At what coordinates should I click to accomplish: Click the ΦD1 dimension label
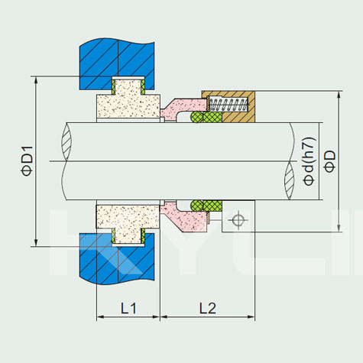pyautogui.click(x=28, y=160)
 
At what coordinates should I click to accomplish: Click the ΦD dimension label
pyautogui.click(x=330, y=161)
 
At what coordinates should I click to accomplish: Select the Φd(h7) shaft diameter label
pyautogui.click(x=310, y=161)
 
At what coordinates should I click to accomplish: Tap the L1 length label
pyautogui.click(x=128, y=308)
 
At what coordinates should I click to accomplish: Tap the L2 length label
pyautogui.click(x=208, y=308)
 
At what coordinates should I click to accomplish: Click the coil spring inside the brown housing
pyautogui.click(x=228, y=104)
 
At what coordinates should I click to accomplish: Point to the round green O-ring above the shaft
pyautogui.click(x=197, y=117)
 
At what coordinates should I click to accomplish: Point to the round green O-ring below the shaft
pyautogui.click(x=197, y=206)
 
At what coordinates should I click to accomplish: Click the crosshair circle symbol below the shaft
pyautogui.click(x=238, y=220)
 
